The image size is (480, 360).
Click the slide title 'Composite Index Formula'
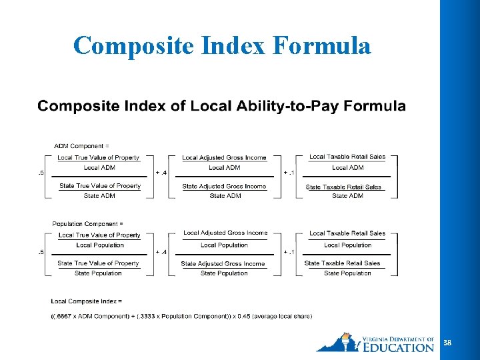click(222, 45)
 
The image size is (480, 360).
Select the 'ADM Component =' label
click(81, 145)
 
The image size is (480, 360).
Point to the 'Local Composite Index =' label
click(86, 301)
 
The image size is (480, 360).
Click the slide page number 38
click(447, 343)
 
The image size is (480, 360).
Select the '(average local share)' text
click(279, 316)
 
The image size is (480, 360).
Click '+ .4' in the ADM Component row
click(161, 172)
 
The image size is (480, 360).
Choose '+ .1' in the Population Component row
click(289, 252)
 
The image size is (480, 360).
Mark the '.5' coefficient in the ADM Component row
click(41, 172)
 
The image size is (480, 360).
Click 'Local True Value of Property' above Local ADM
click(99, 158)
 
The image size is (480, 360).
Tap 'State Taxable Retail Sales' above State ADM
click(343, 187)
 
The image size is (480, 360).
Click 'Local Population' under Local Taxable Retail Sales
click(347, 245)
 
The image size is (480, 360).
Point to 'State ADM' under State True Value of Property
click(99, 196)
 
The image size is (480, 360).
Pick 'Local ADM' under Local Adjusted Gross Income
click(224, 167)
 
